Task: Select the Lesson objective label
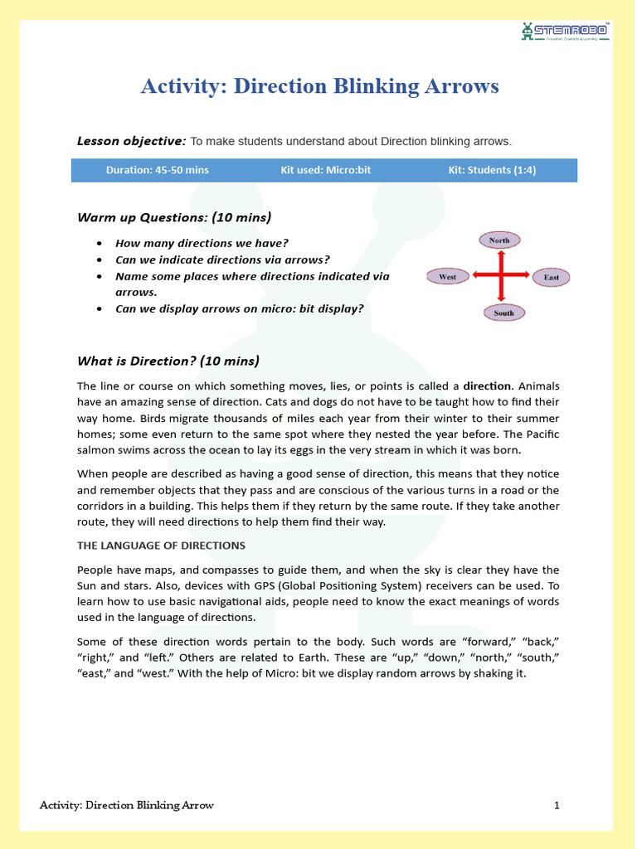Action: click(x=131, y=141)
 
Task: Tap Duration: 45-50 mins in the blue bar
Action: click(x=157, y=170)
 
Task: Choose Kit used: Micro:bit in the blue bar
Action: click(x=325, y=170)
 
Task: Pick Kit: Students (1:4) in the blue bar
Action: click(x=492, y=170)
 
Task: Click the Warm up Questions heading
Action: click(x=174, y=217)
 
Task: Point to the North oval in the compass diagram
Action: click(x=499, y=240)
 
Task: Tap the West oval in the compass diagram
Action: click(x=448, y=277)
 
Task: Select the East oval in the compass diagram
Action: click(x=551, y=277)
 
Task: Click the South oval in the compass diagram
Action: click(x=503, y=313)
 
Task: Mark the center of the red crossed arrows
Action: click(x=500, y=276)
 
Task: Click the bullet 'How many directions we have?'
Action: click(x=202, y=243)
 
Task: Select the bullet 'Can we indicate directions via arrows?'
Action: click(x=222, y=260)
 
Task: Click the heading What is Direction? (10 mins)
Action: click(x=168, y=361)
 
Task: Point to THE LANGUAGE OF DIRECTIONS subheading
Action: click(x=161, y=546)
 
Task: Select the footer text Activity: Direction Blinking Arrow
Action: click(x=127, y=805)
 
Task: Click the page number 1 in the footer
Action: click(x=557, y=805)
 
